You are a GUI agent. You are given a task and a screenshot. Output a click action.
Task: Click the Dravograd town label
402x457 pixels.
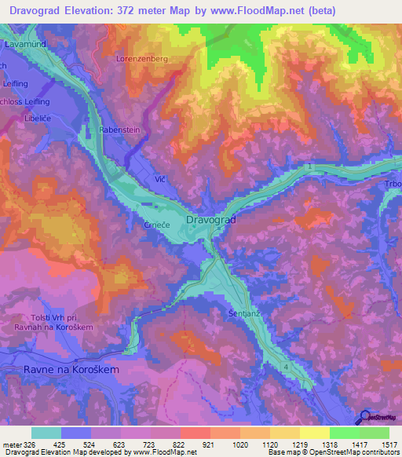click(x=211, y=221)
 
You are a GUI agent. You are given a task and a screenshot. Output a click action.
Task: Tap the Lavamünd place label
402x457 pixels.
click(x=25, y=46)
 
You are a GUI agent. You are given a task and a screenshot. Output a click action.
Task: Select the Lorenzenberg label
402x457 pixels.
click(x=142, y=59)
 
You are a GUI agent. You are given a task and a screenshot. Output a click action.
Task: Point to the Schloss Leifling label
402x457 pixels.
click(x=25, y=102)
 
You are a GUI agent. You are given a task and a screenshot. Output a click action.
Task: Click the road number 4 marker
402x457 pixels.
click(x=287, y=367)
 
